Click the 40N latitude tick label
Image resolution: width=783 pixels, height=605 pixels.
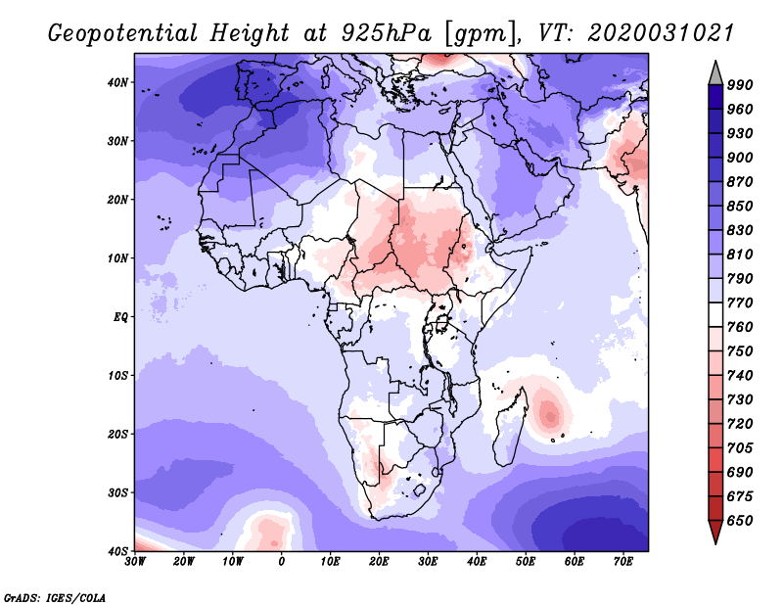[x=117, y=82]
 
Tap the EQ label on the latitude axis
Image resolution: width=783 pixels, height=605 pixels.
[x=120, y=317]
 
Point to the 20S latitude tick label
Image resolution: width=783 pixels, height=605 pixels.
[x=117, y=434]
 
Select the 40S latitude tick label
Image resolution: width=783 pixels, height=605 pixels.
[x=117, y=551]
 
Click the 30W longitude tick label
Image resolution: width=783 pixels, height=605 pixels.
[x=135, y=562]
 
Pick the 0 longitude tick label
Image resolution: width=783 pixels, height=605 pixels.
[x=282, y=562]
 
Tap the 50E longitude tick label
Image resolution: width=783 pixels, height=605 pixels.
[x=526, y=562]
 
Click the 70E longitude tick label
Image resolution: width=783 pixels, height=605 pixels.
[x=623, y=562]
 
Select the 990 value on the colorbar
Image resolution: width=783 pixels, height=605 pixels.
[x=740, y=85]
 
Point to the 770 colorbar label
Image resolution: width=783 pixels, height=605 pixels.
[x=740, y=302]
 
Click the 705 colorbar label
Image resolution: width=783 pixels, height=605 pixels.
[x=740, y=447]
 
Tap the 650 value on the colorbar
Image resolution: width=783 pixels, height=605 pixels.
[x=740, y=521]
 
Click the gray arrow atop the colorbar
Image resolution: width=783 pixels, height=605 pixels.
[x=715, y=75]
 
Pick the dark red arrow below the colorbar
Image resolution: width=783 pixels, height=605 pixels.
[x=715, y=530]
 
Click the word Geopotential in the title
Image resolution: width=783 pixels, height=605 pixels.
[x=123, y=33]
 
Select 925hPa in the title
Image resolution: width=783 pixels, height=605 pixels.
[x=386, y=33]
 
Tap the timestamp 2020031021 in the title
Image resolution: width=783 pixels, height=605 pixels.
[x=660, y=33]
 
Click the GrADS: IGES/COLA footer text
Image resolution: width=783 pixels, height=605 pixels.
[x=55, y=597]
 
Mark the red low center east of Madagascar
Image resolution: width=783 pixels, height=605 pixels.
[x=550, y=415]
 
